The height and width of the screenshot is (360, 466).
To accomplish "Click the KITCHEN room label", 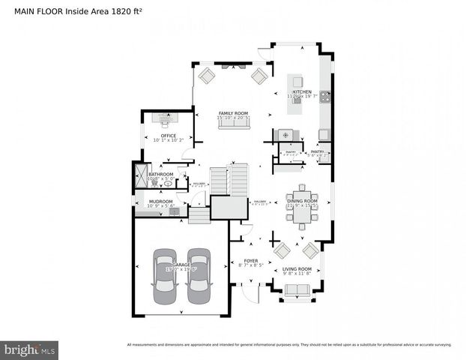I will tap(302, 91).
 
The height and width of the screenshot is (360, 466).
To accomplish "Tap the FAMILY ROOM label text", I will tap(233, 113).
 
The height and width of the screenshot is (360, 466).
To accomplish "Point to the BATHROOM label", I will tap(161, 175).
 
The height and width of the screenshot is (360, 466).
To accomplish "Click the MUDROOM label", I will tap(160, 201).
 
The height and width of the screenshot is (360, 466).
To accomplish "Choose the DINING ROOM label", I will tap(302, 201).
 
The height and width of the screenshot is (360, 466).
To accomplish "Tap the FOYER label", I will tap(250, 260).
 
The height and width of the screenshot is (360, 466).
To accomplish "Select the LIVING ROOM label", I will tap(297, 268).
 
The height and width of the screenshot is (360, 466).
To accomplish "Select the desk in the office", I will tap(163, 118).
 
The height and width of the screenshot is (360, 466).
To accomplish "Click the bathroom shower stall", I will tap(140, 177).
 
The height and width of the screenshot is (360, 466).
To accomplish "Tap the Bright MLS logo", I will tap(29, 349).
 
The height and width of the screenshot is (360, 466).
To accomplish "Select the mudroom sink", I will tap(174, 211).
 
